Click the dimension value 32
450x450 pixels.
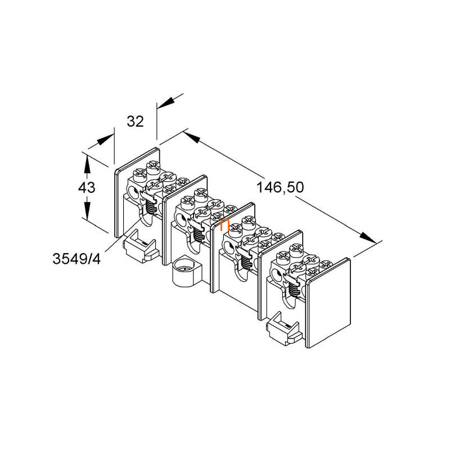135,121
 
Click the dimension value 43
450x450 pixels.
87,188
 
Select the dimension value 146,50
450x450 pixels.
280,188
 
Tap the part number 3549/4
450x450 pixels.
76,259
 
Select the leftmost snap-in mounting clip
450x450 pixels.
140,245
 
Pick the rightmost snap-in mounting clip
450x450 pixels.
284,328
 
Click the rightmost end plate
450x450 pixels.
328,303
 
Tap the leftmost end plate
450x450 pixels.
137,192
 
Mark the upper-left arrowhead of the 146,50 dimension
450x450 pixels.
192,137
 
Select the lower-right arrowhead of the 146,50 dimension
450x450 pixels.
368,238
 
